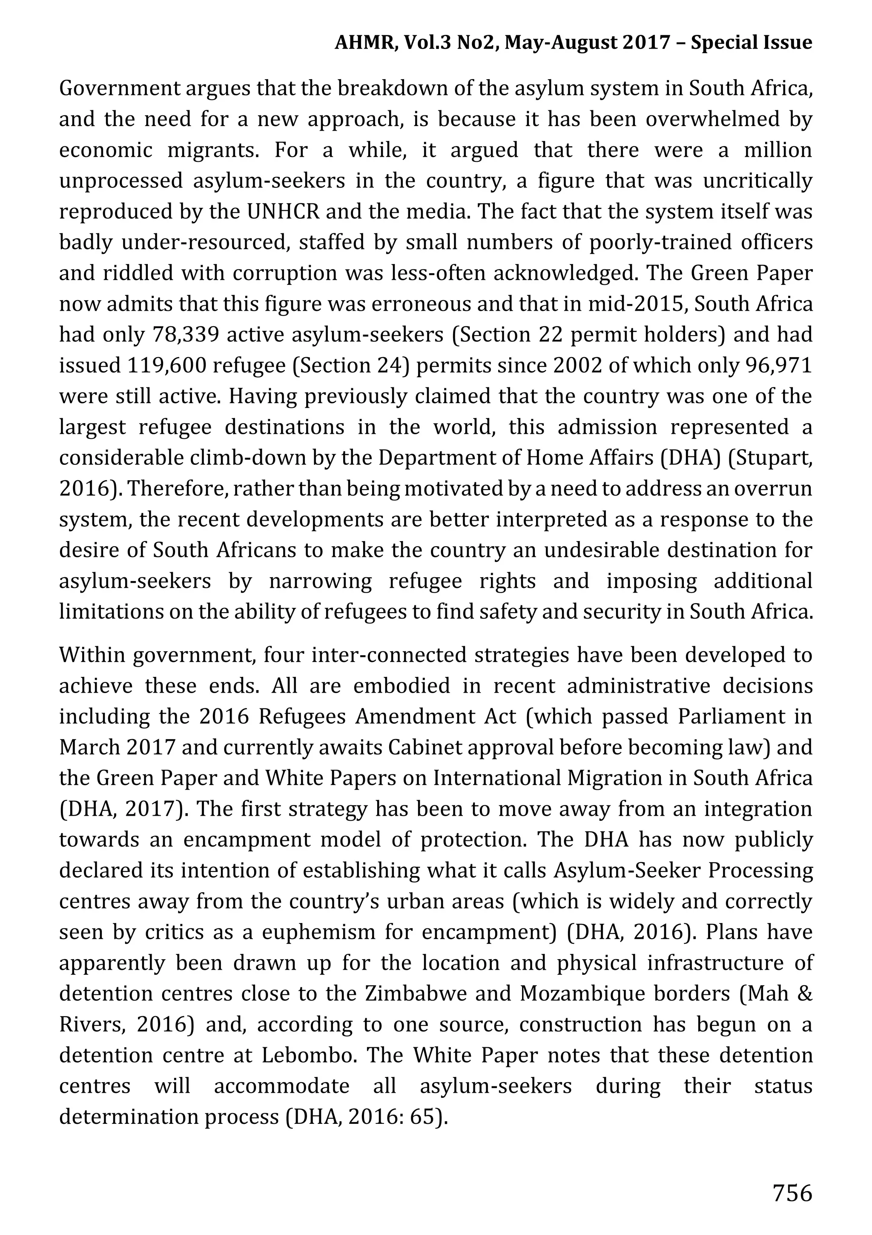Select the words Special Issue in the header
pos(751,43)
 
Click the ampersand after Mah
pos(804,994)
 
